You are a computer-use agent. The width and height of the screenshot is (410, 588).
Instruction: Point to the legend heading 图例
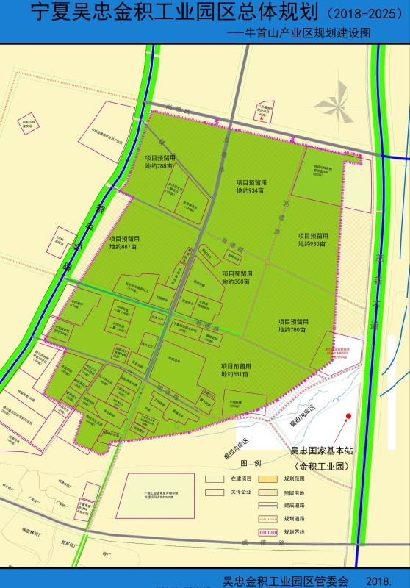click(x=251, y=465)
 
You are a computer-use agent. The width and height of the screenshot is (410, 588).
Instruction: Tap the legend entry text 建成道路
click(x=296, y=506)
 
